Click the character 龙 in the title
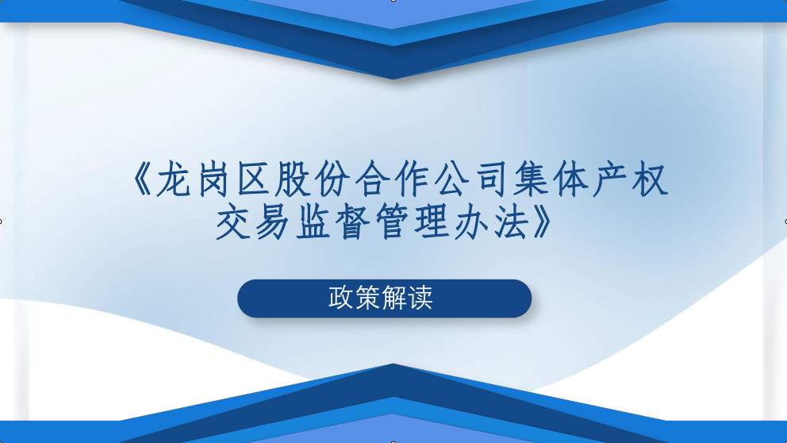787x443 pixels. (x=173, y=179)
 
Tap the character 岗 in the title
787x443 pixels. (x=213, y=179)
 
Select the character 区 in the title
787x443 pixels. (x=253, y=179)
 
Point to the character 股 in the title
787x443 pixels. (x=292, y=179)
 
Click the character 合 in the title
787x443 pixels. (x=372, y=179)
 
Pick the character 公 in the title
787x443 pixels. (x=451, y=179)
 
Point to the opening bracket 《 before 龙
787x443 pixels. (x=141, y=179)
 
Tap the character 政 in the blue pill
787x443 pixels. (x=341, y=298)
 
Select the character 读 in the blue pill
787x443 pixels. (x=420, y=298)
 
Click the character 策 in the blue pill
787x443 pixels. (x=367, y=298)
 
